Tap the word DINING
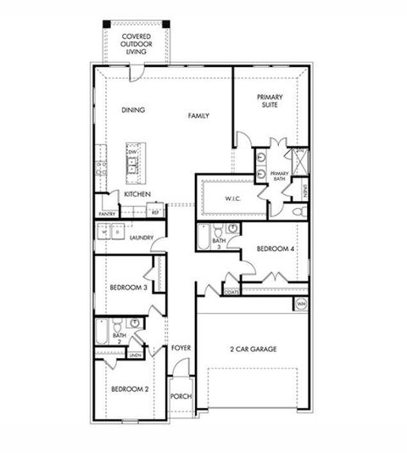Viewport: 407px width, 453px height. (x=134, y=109)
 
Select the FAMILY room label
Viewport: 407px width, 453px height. (x=199, y=115)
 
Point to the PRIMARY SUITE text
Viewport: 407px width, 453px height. (x=270, y=103)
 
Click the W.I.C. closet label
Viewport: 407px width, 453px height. (x=234, y=199)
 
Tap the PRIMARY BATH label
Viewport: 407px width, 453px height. (x=279, y=176)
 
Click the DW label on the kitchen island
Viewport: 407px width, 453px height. (x=132, y=152)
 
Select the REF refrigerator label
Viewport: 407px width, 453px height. (x=155, y=214)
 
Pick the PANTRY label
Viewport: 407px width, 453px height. (x=107, y=214)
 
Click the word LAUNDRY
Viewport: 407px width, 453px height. (x=142, y=238)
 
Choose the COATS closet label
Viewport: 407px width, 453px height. (x=231, y=291)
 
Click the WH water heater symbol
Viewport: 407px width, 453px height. (x=300, y=304)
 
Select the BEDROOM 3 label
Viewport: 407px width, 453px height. (x=129, y=288)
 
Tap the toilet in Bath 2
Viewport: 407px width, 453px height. (x=133, y=323)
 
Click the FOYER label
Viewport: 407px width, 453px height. (x=181, y=348)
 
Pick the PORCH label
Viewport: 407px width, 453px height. (x=180, y=396)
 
